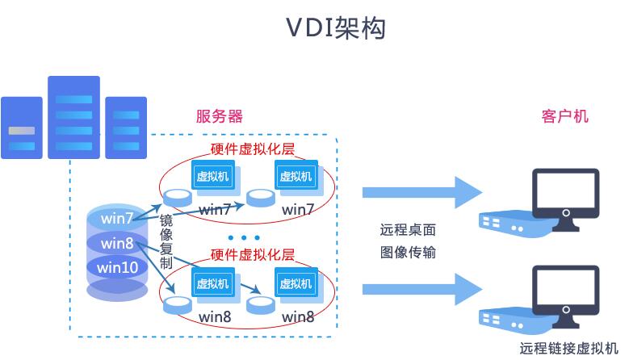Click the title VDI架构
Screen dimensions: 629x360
[336, 27]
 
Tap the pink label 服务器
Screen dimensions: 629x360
[220, 116]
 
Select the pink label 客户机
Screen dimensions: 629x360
[565, 116]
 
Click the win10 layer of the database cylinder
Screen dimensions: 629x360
[118, 267]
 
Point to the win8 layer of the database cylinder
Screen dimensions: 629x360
[117, 243]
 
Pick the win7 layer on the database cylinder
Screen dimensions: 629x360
[117, 218]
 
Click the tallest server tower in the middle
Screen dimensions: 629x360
[73, 117]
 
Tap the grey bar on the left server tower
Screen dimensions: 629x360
[22, 131]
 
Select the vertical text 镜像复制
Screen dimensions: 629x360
[166, 241]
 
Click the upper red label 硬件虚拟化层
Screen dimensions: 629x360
[253, 149]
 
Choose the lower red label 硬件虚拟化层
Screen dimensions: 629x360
[253, 254]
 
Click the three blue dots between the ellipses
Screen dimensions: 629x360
[244, 238]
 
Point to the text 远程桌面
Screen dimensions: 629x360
[408, 230]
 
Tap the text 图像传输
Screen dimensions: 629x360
[408, 252]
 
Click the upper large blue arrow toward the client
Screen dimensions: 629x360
[422, 192]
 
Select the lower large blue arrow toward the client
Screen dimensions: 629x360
[422, 289]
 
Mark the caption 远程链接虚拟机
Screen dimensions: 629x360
[568, 348]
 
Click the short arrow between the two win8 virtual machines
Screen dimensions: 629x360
[251, 288]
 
